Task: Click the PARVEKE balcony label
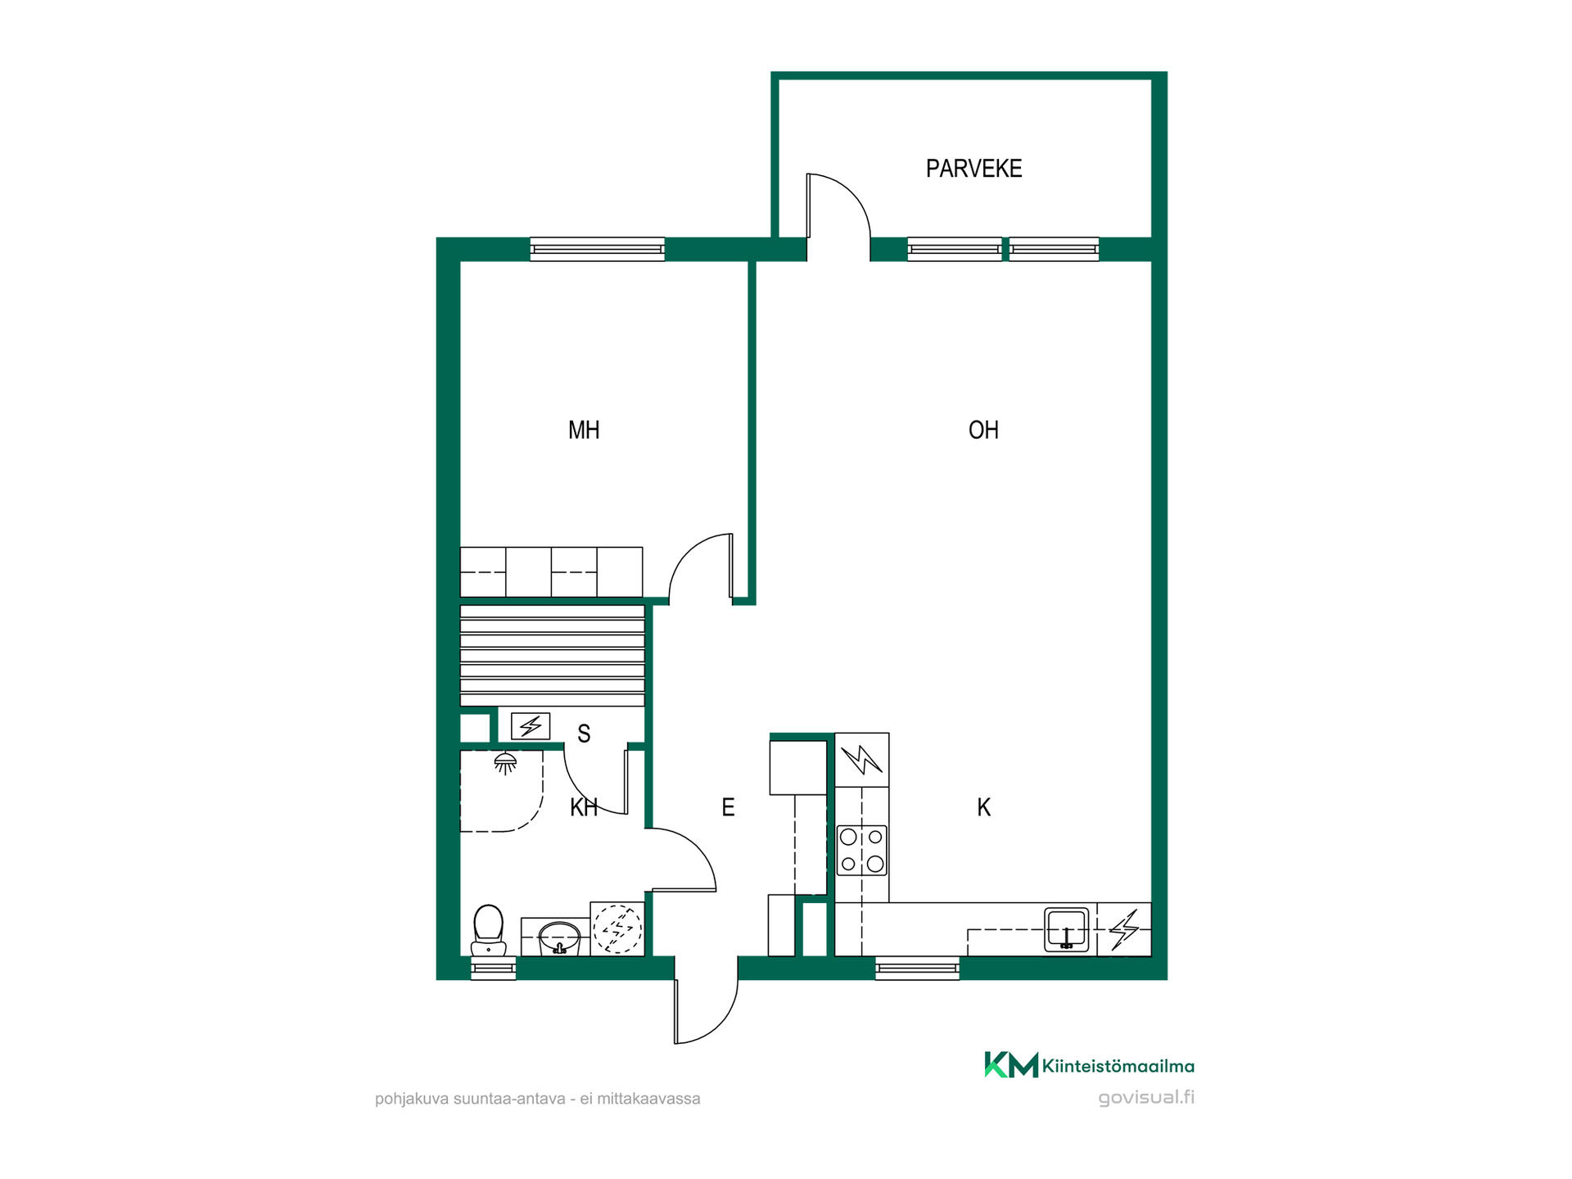(973, 169)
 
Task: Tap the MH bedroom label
(584, 430)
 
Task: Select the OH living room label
(983, 430)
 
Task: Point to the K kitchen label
(984, 807)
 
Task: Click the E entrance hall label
(728, 807)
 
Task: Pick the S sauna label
(584, 734)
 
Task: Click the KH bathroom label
(584, 807)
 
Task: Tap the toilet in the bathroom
(488, 930)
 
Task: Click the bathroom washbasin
(559, 937)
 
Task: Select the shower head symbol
(505, 764)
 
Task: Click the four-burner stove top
(862, 850)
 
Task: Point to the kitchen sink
(1066, 929)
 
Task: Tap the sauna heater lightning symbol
(531, 725)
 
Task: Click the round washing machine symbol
(617, 928)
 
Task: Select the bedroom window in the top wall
(597, 249)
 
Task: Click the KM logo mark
(1011, 1064)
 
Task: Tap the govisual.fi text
(1146, 1098)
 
